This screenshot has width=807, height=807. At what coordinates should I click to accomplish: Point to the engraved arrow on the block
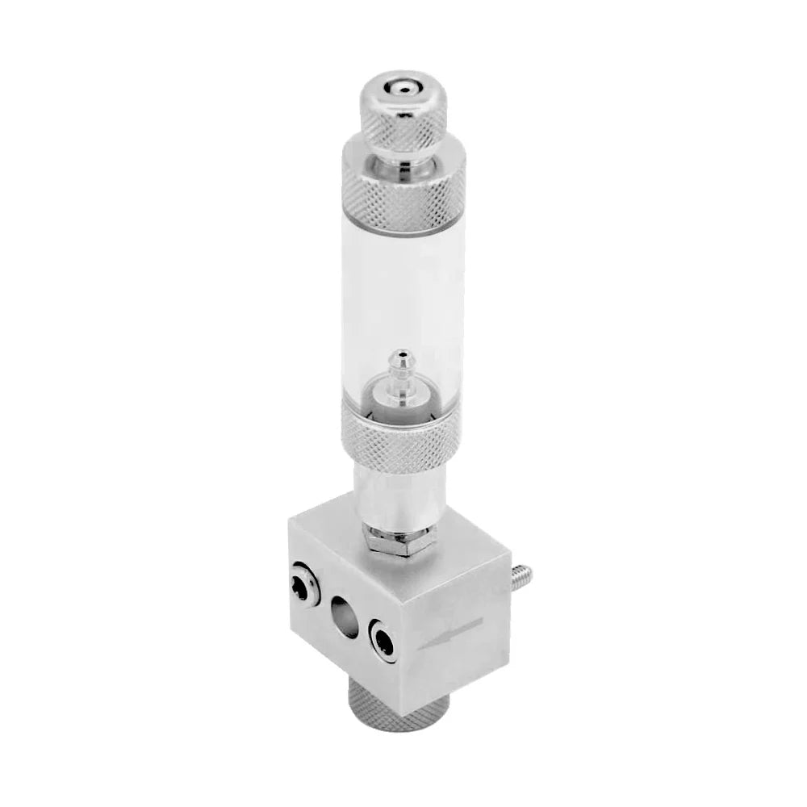[x=452, y=633]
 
